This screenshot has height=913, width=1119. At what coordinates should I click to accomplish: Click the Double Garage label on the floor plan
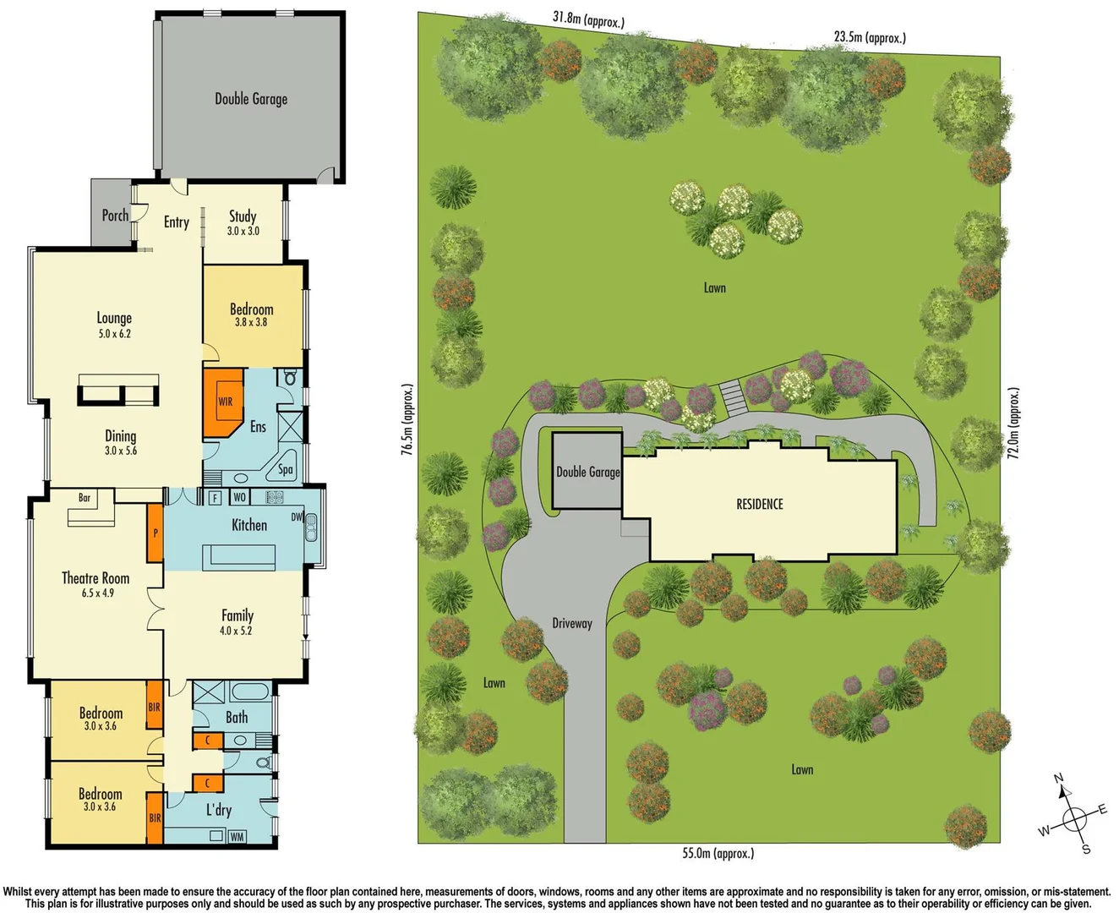tap(251, 99)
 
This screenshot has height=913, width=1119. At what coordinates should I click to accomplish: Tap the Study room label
tap(243, 216)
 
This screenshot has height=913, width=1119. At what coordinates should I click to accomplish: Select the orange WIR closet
tap(224, 402)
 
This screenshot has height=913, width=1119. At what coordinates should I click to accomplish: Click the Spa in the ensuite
tap(286, 469)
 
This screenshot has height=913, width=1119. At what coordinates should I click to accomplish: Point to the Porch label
tap(115, 216)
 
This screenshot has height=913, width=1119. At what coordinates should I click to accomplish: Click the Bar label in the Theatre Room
tap(85, 498)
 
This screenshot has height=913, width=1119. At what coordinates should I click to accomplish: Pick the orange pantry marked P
tap(156, 533)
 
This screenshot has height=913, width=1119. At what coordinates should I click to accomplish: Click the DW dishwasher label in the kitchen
tap(297, 517)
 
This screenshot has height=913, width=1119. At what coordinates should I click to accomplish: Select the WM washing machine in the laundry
tap(237, 837)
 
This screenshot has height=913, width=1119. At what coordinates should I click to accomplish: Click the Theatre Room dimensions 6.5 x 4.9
tap(98, 593)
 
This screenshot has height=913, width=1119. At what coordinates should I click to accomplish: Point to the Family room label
tap(237, 615)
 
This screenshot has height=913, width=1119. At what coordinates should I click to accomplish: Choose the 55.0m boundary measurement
tap(718, 854)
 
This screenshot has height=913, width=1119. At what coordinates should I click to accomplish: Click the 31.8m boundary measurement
tap(588, 19)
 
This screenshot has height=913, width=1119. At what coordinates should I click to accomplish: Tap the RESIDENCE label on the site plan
tap(760, 505)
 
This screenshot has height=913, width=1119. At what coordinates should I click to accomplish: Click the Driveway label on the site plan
tap(572, 624)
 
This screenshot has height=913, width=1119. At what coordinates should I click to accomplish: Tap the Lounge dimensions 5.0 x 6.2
tap(114, 334)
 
